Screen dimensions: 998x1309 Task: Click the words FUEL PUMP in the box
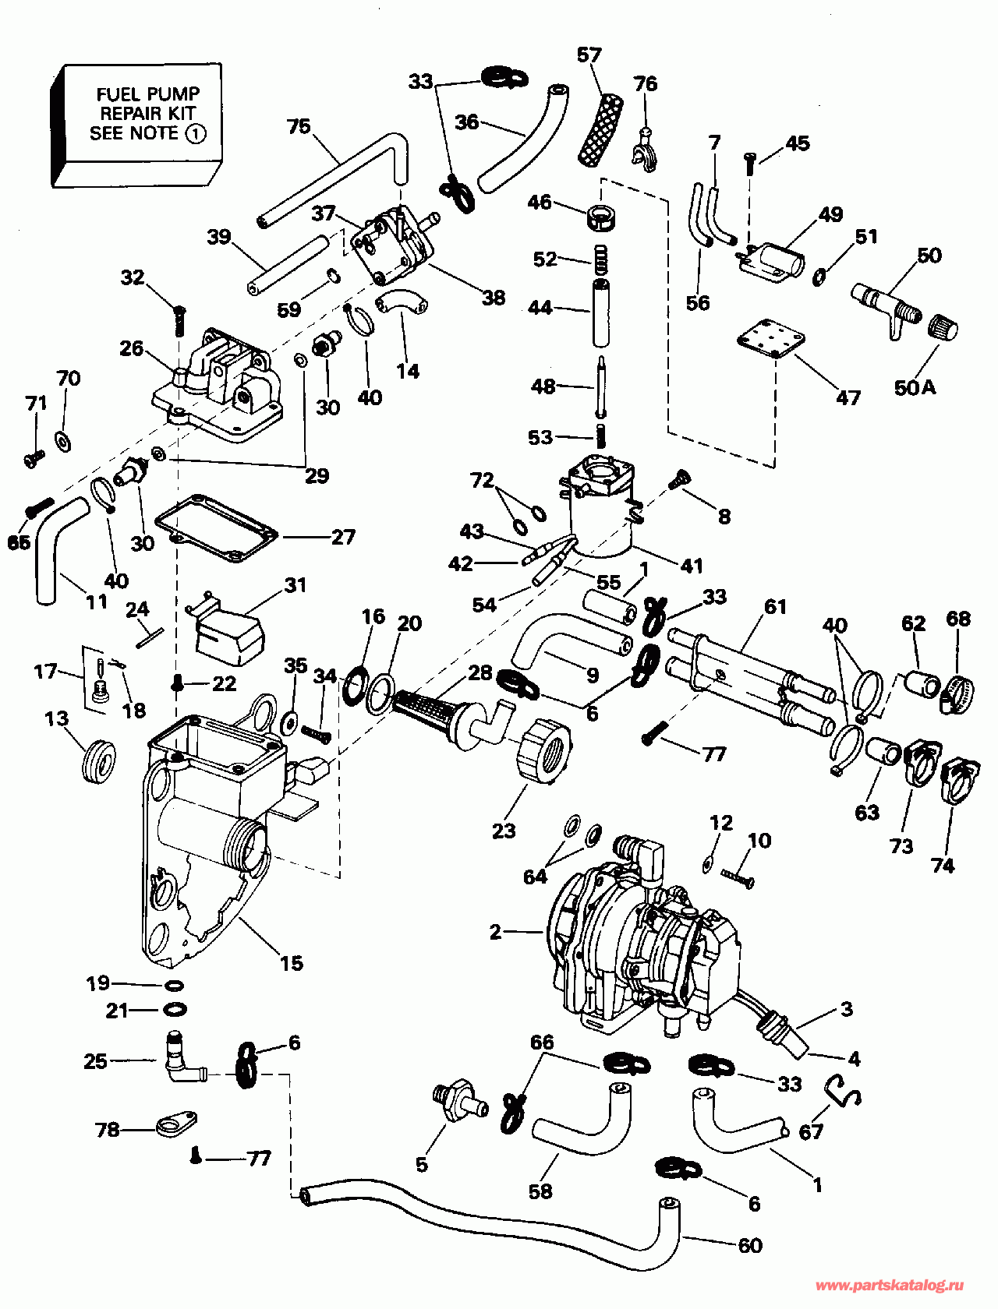click(x=148, y=93)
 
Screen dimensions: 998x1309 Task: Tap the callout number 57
click(x=589, y=55)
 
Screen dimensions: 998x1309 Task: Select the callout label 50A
click(x=915, y=388)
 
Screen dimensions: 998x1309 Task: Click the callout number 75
click(x=299, y=126)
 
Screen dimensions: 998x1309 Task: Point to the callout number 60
click(x=750, y=1245)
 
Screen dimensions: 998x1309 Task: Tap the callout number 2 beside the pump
click(x=496, y=932)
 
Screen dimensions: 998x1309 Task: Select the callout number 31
click(x=296, y=585)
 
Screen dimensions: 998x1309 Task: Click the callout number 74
click(x=943, y=866)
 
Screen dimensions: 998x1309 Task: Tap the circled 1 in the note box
click(x=195, y=133)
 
